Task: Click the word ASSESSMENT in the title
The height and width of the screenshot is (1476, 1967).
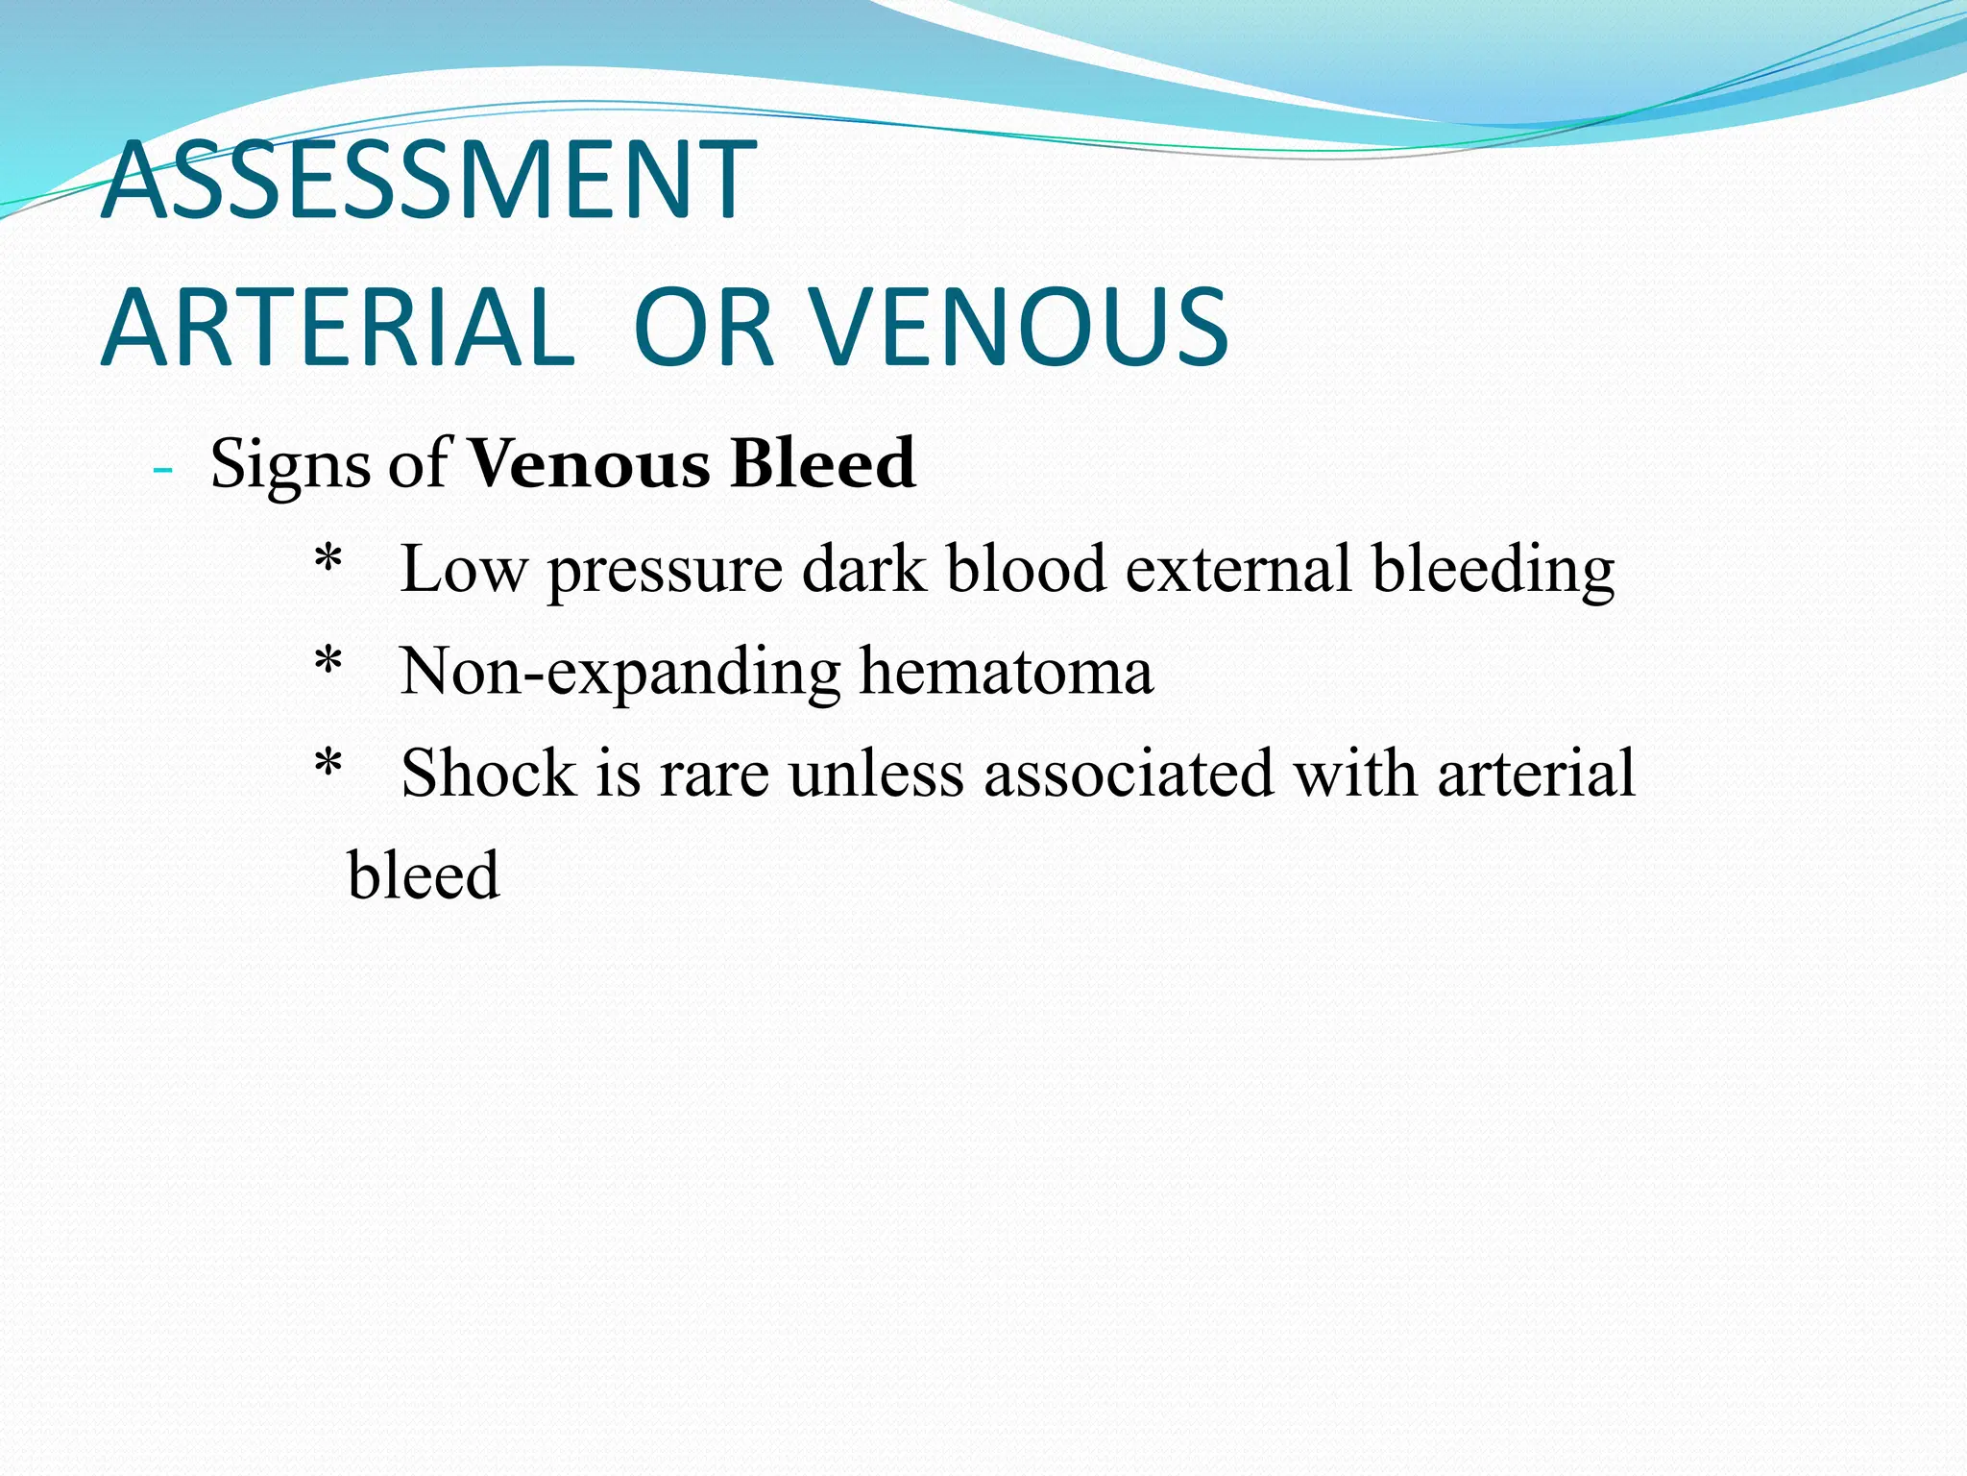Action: point(428,181)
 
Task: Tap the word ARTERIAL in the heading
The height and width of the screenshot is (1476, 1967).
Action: point(338,328)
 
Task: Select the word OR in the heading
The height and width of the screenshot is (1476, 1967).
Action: point(703,328)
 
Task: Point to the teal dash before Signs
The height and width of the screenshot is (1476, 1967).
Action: point(162,471)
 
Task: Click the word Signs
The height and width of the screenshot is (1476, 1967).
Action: point(290,465)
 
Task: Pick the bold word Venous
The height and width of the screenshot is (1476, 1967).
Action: point(590,464)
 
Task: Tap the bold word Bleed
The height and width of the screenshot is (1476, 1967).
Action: point(823,464)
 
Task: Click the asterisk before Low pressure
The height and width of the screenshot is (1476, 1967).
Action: point(328,559)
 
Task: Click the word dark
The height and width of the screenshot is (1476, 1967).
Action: point(864,569)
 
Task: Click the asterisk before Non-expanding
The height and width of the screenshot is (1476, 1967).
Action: point(328,661)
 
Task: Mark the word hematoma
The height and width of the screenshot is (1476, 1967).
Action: point(1006,671)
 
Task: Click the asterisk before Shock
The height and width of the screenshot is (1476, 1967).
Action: point(328,765)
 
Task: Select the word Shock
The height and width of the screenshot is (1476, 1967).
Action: point(488,774)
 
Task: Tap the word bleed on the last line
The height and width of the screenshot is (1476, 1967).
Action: point(424,875)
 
